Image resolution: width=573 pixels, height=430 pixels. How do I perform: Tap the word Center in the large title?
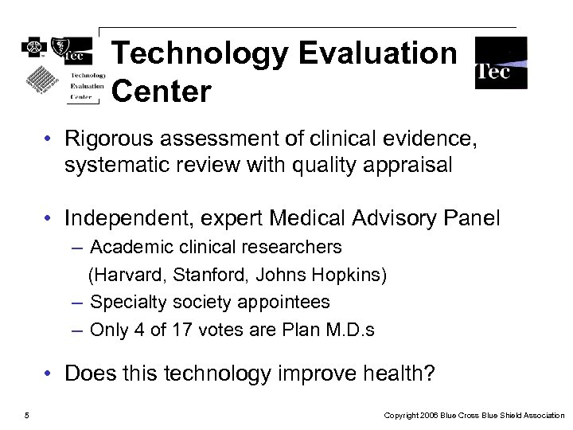[x=162, y=91]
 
